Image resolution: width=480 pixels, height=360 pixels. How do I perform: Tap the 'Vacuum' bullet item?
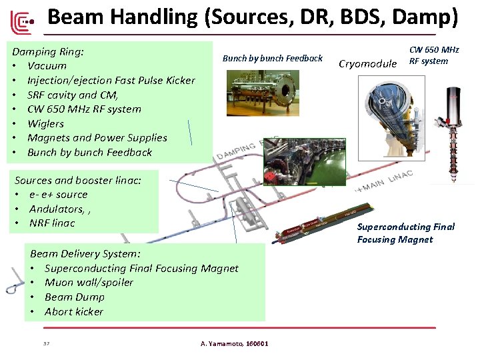[x=47, y=65]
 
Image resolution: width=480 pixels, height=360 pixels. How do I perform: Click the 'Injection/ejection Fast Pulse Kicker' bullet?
[x=111, y=80]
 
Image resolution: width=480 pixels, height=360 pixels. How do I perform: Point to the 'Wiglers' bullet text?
[x=45, y=123]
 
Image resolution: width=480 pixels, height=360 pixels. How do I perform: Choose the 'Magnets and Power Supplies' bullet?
[x=97, y=137]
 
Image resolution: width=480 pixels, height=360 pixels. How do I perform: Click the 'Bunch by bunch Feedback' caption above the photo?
[x=272, y=59]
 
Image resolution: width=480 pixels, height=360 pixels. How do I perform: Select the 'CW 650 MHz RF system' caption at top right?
[x=434, y=55]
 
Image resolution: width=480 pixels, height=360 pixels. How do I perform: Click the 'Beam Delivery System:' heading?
[x=85, y=253]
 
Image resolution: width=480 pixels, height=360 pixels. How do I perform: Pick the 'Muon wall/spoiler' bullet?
[x=89, y=282]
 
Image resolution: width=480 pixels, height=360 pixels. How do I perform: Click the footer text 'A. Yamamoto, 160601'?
[x=235, y=344]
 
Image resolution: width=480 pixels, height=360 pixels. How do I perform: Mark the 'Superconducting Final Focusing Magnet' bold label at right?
[x=405, y=233]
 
